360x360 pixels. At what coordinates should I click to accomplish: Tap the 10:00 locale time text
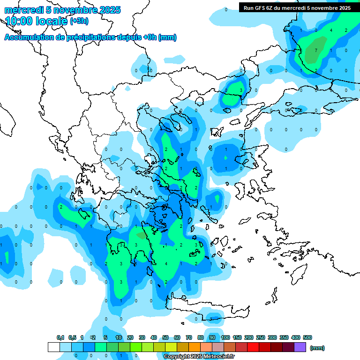37,21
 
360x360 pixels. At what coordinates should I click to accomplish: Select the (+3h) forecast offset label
79,21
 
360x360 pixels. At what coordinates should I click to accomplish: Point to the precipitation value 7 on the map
316,50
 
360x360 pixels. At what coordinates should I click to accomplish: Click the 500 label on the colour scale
307,337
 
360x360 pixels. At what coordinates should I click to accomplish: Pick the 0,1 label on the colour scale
60,337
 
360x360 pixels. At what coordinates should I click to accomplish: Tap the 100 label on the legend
225,337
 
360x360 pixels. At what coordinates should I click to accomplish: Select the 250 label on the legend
261,337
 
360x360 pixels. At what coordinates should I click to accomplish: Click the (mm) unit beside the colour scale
317,348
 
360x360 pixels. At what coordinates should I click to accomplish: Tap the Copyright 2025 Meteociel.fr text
199,357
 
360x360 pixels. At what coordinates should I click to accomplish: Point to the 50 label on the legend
165,337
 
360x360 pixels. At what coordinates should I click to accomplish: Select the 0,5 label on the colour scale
72,337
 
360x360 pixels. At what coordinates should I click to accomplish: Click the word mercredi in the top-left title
22,10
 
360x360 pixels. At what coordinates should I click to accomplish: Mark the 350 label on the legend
284,337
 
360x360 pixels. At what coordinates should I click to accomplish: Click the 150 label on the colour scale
237,337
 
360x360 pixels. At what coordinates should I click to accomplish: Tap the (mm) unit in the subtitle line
168,38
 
